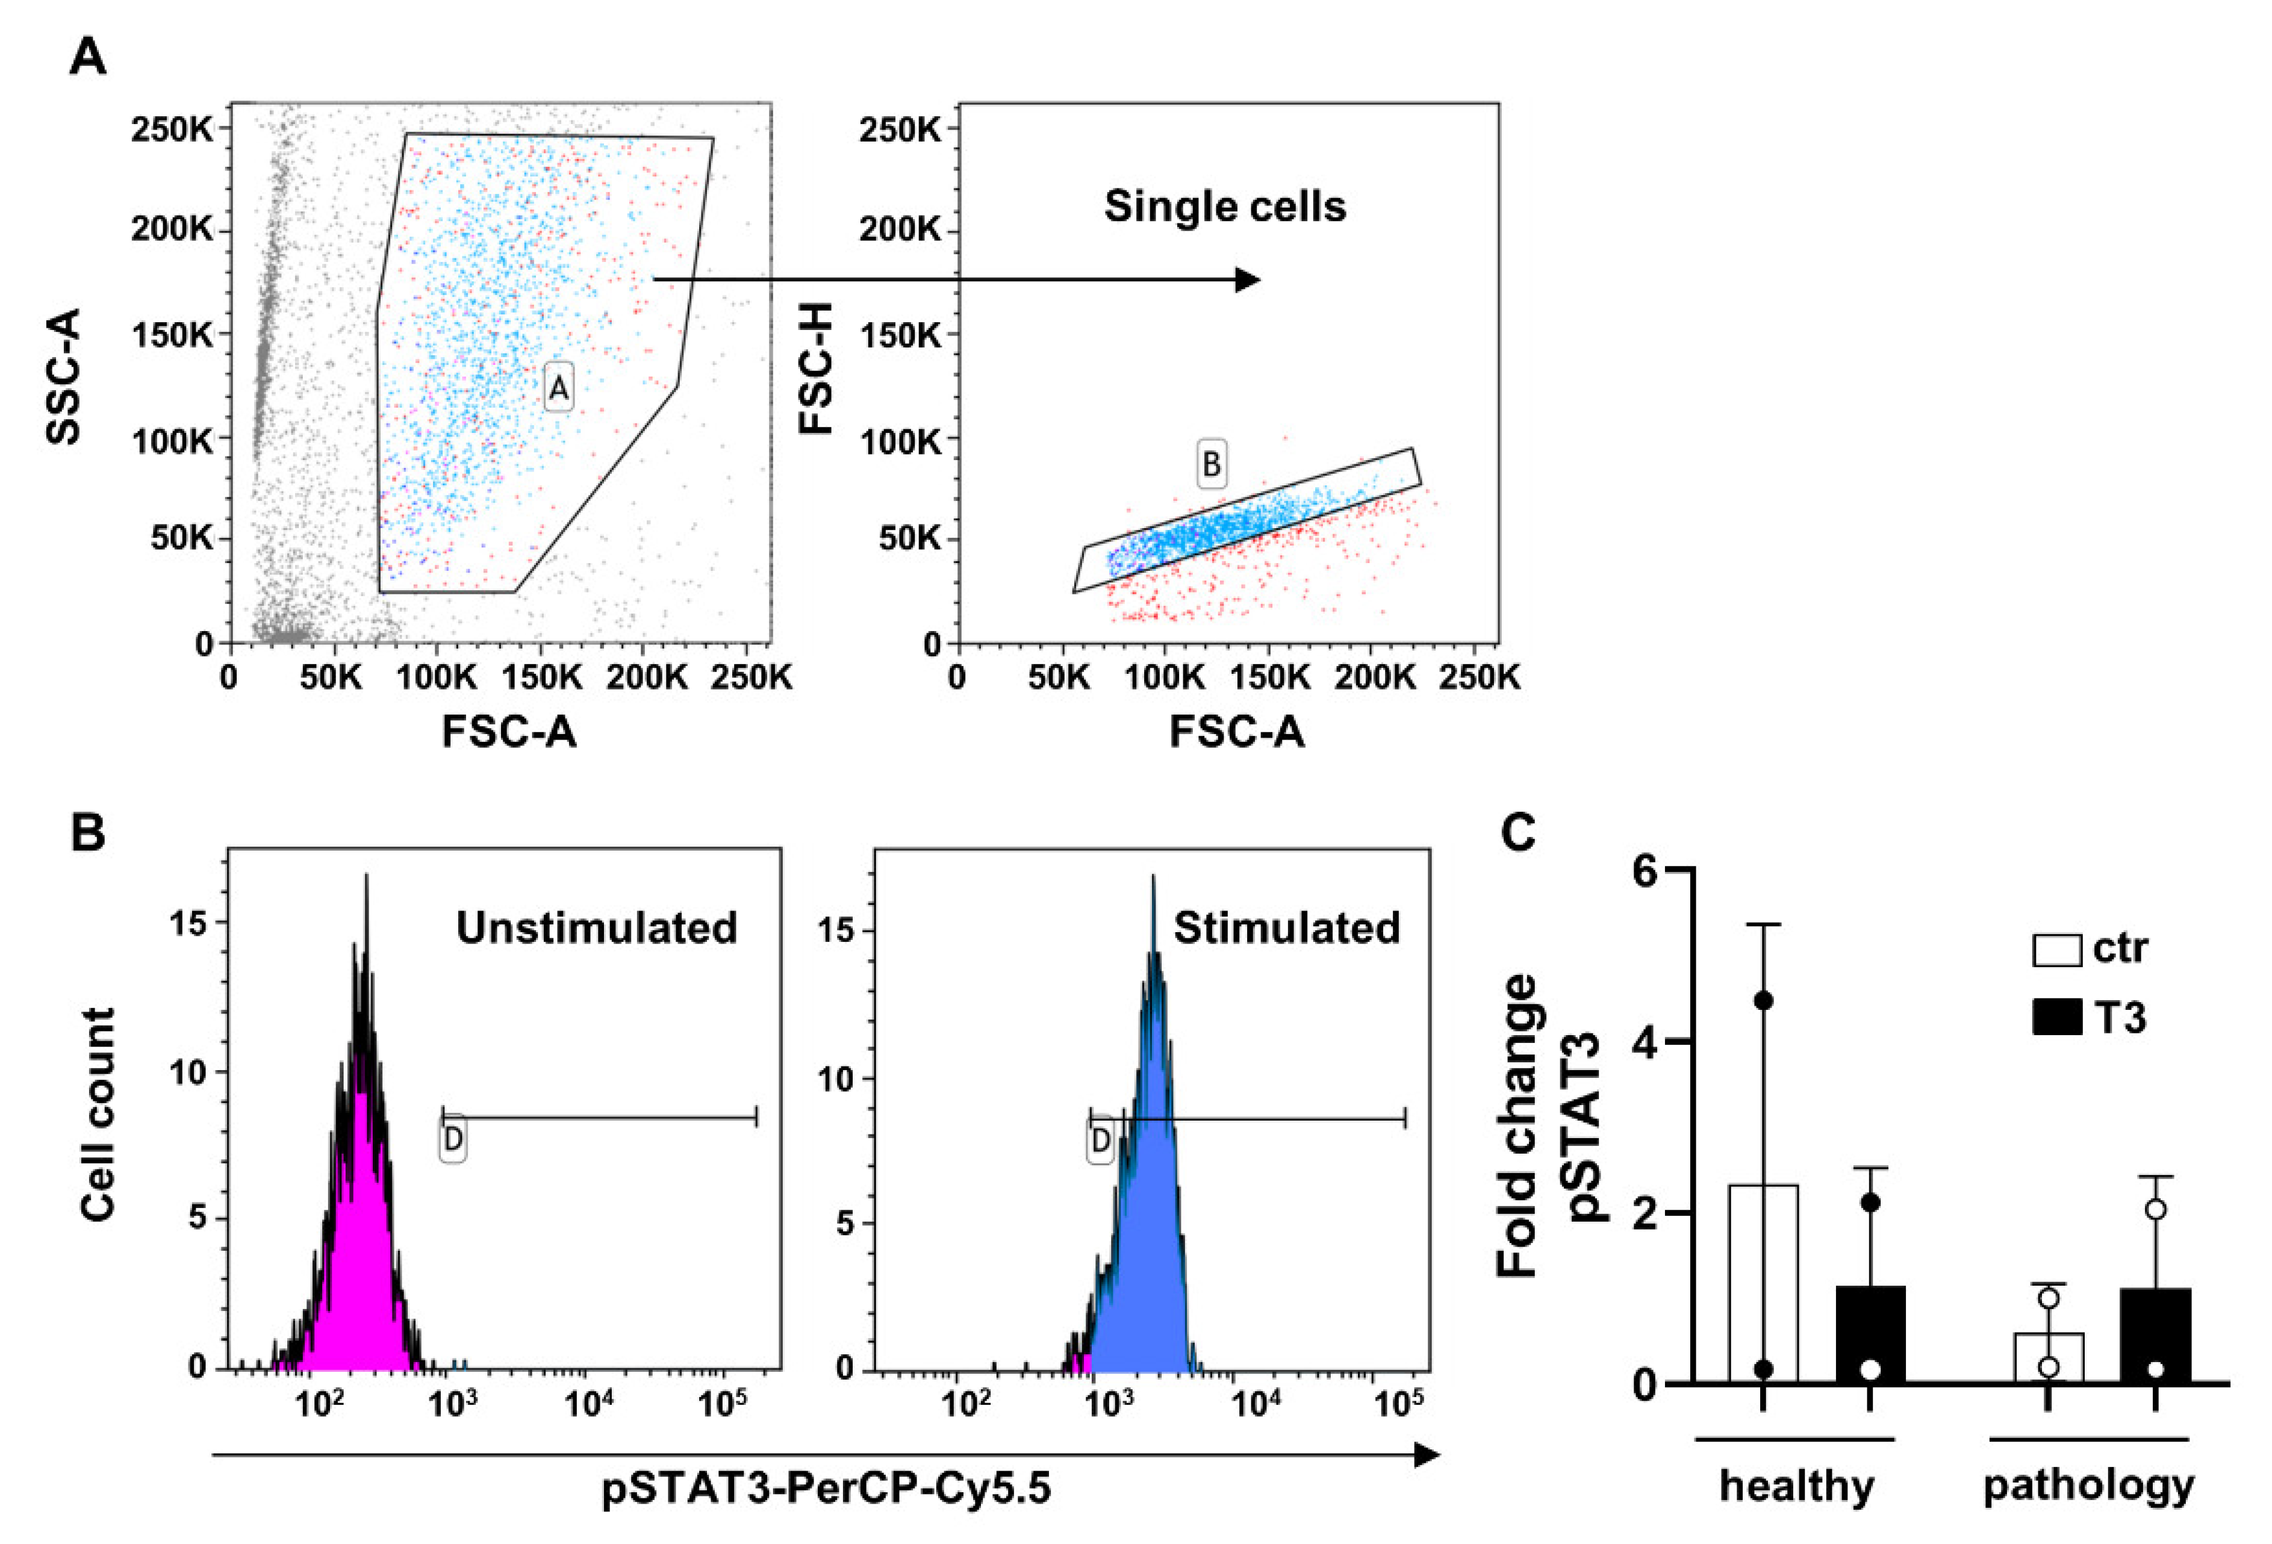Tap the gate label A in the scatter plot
click(x=558, y=389)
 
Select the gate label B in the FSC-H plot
click(x=1212, y=464)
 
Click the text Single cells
click(x=1225, y=207)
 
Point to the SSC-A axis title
click(x=64, y=376)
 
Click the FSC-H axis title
click(x=817, y=369)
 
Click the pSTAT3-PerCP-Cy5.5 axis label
click(x=826, y=1489)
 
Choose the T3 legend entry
click(x=2091, y=1018)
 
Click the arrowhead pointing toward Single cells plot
click(x=1248, y=279)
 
